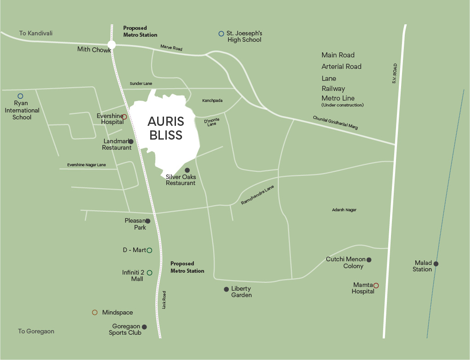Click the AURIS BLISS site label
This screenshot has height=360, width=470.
coord(165,128)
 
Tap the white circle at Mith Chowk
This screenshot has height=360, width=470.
coord(111,45)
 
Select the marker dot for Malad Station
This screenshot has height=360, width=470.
coord(436,264)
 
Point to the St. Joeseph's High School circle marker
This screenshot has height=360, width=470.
coord(221,34)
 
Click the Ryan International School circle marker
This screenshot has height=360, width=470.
coord(20,96)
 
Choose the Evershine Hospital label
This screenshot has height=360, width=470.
coord(110,119)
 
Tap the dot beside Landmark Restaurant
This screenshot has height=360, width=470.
coord(131,141)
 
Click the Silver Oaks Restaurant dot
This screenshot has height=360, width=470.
coord(187,170)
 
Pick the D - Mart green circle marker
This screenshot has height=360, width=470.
coord(149,250)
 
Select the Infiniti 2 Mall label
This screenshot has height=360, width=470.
coord(133,276)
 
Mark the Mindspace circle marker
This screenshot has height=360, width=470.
coord(95,312)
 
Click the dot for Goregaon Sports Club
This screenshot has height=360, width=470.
coord(144,327)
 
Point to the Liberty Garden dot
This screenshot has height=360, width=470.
coord(226,289)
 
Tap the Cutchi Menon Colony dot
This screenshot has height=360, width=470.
coord(369,260)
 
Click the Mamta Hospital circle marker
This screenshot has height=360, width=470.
coord(376,286)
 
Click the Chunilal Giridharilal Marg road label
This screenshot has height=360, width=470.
coord(335,123)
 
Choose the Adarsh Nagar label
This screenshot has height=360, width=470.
coord(344,210)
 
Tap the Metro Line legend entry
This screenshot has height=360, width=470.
coord(338,98)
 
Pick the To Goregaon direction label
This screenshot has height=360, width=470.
coord(36,331)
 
